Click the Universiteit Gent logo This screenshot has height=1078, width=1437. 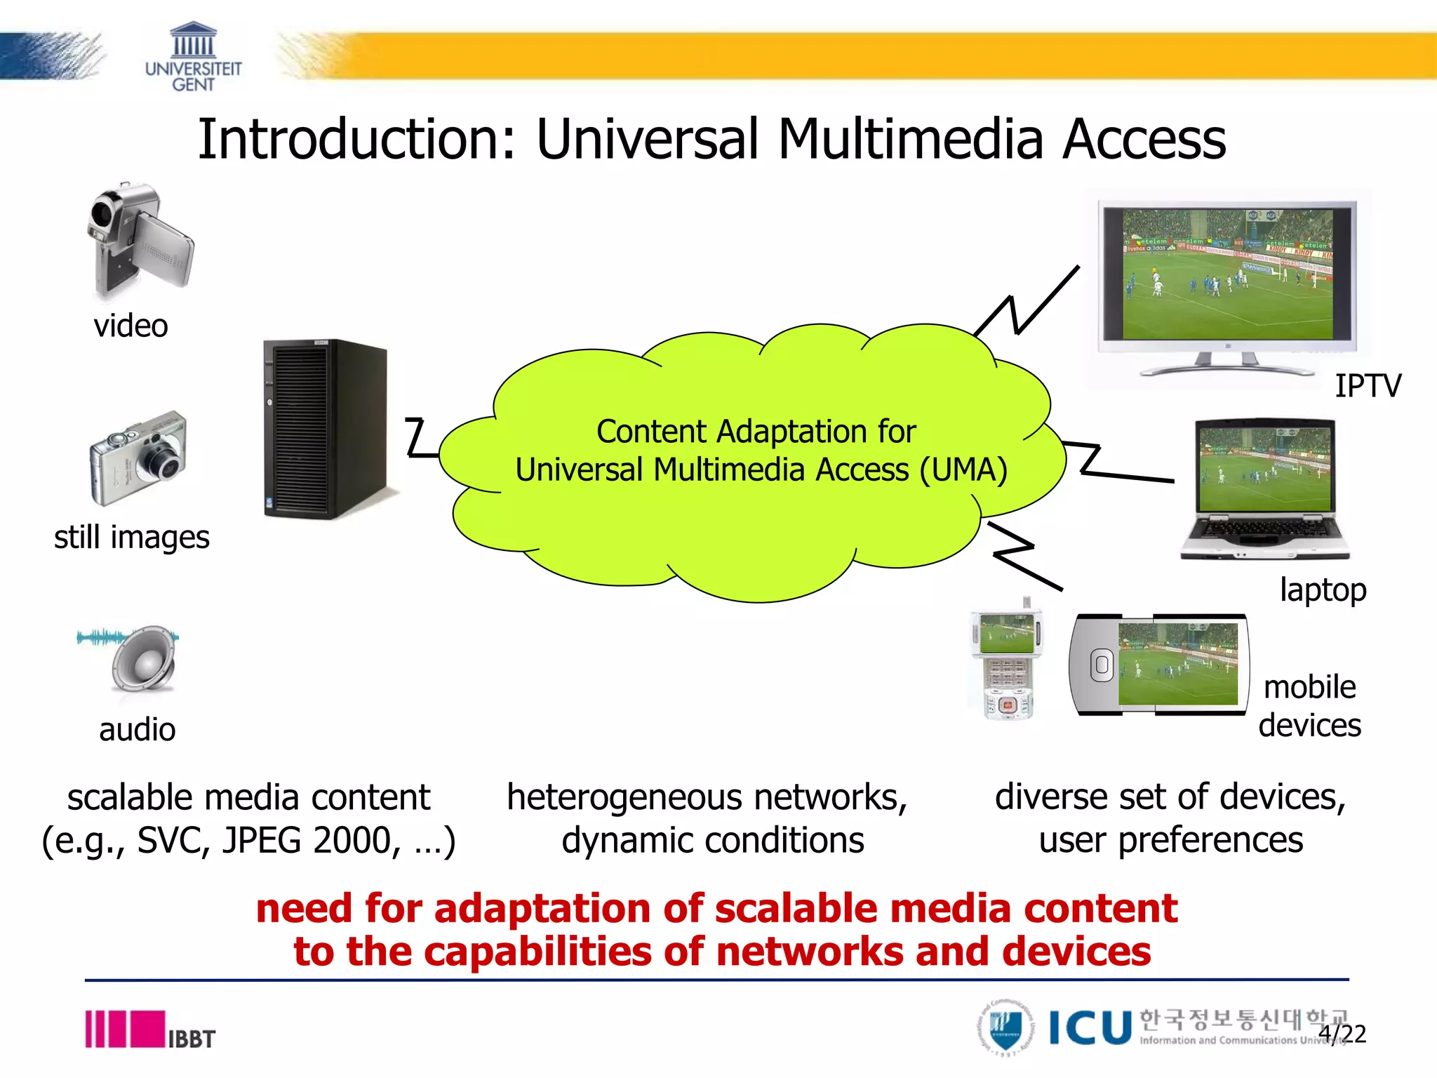[x=193, y=58]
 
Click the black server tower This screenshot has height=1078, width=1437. [x=325, y=430]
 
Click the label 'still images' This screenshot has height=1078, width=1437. [x=132, y=538]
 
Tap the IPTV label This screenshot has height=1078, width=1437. [x=1367, y=386]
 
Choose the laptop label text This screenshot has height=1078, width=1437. [x=1323, y=590]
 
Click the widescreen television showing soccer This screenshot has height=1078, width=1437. [x=1227, y=284]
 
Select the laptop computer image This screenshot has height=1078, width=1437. [x=1265, y=489]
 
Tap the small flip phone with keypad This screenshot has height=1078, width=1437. [x=1006, y=663]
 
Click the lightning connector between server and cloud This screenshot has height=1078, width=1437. [x=420, y=438]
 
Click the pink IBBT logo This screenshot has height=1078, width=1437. [x=150, y=1030]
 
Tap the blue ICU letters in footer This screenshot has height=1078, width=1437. [x=1090, y=1029]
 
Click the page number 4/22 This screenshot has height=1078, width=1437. [x=1342, y=1034]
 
